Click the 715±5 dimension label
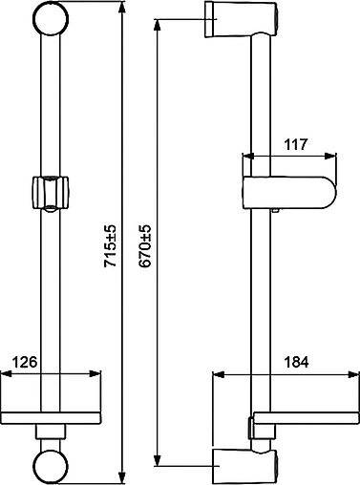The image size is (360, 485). point(111,245)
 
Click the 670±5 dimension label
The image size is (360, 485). point(145,245)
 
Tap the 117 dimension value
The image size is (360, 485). point(296,144)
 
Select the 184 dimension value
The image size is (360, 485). point(296,362)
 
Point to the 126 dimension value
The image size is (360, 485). point(25,362)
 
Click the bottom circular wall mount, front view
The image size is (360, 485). point(51,466)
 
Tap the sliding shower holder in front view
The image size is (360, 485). point(51,193)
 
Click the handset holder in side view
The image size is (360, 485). point(289,193)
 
